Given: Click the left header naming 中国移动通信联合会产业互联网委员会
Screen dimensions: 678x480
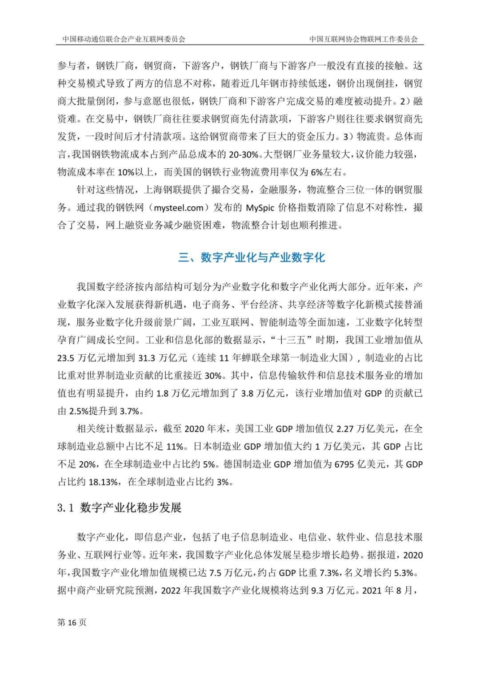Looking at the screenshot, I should [124, 39].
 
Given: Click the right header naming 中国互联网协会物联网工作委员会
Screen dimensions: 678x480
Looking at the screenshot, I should [364, 39].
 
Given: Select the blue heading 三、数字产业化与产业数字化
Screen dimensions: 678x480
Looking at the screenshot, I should [251, 258].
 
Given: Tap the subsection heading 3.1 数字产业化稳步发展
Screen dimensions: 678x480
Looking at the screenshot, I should [119, 508].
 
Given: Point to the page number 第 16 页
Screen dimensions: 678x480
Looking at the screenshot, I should [72, 622].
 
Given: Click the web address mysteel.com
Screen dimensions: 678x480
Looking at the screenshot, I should [179, 208].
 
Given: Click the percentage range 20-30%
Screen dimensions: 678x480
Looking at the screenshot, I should [244, 155].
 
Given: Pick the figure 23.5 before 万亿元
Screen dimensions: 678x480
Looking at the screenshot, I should [66, 358].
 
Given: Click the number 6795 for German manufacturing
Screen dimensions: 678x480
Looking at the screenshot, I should [344, 464].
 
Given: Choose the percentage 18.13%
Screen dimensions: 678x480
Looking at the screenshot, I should [104, 482].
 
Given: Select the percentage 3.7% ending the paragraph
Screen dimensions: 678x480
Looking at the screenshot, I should [129, 411].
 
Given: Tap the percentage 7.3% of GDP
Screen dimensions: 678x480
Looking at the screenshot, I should [329, 573].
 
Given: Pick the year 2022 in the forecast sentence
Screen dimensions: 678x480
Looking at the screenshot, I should [171, 591].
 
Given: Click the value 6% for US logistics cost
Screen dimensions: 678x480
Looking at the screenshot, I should [317, 172].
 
